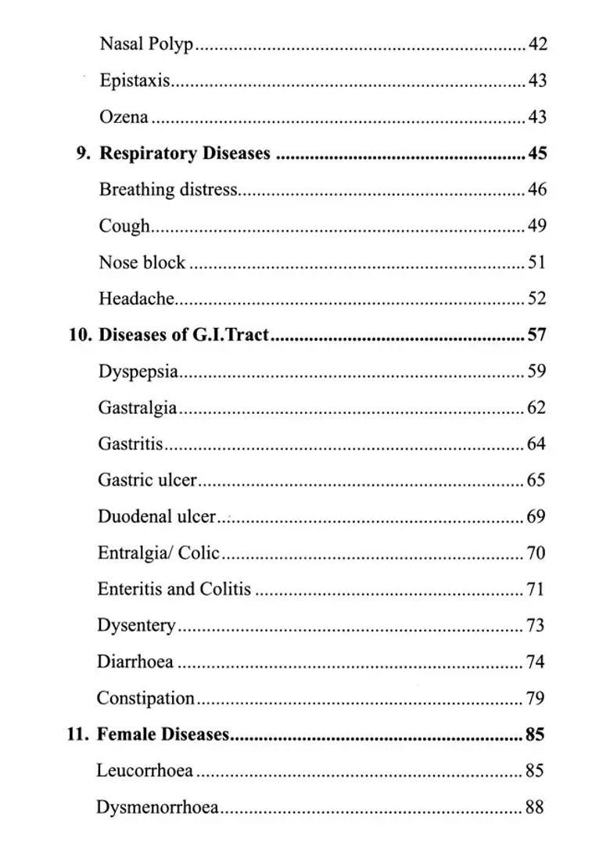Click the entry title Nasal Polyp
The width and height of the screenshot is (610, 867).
[x=146, y=45]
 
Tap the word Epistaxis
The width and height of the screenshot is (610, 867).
[x=135, y=81]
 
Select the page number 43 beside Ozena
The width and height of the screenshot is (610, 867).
[x=537, y=117]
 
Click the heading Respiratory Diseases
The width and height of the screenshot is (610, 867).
[x=185, y=153]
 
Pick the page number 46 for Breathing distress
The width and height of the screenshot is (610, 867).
[x=537, y=189]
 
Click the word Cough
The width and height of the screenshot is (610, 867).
[x=124, y=226]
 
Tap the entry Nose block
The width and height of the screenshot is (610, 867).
[x=142, y=262]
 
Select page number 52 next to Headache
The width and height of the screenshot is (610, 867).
[x=537, y=298]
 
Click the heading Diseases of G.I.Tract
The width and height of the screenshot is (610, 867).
[x=184, y=335]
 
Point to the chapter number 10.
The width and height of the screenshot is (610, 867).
[x=80, y=335]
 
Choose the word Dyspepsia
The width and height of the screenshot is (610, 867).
[x=138, y=371]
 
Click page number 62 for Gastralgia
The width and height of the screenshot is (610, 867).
[x=536, y=408]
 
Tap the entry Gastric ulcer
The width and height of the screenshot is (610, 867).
[x=147, y=480]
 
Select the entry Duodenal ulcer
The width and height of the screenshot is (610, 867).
[x=156, y=516]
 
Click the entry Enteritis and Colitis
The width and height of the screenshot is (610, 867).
[x=174, y=589]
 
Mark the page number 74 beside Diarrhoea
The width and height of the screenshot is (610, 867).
[x=536, y=662]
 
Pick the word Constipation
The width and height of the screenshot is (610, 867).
[x=145, y=698]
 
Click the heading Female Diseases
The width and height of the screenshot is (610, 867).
[x=163, y=735]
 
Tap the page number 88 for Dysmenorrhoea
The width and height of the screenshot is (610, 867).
[x=535, y=808]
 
